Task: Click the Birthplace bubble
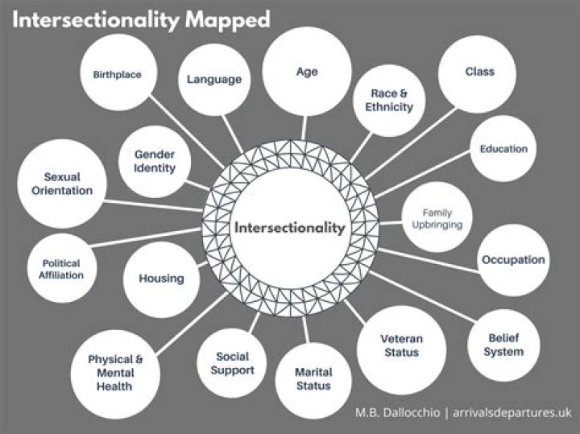(118, 75)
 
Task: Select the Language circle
(213, 79)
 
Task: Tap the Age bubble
(307, 72)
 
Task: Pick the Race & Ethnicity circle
(391, 100)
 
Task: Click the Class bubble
(479, 72)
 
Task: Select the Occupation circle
(513, 259)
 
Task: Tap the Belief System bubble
(505, 345)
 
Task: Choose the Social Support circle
(233, 364)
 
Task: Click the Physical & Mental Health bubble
(115, 372)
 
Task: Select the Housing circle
(161, 279)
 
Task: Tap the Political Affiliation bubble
(62, 269)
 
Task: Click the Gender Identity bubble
(155, 160)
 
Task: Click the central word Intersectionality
(289, 228)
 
